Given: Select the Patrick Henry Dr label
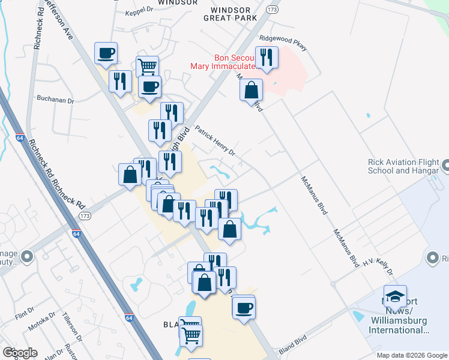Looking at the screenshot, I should [x=215, y=144].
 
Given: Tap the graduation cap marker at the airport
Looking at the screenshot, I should [x=396, y=296].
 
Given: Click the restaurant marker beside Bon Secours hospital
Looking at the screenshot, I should [x=265, y=58].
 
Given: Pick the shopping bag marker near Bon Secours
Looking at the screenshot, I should [x=251, y=91].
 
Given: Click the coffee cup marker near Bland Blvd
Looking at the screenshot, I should [x=243, y=308].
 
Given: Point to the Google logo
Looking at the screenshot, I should [x=20, y=353].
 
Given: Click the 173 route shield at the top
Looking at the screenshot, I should [x=273, y=11].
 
